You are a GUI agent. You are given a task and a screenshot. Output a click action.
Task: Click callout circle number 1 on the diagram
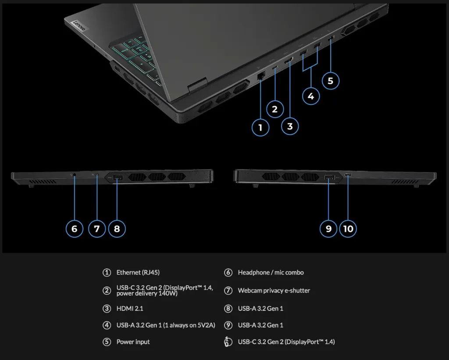(x=260, y=128)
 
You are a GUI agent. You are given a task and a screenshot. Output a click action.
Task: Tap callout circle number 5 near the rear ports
(x=330, y=81)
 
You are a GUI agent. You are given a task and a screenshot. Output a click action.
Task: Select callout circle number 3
(x=290, y=126)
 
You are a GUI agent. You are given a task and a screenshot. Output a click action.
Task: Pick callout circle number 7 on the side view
(x=97, y=228)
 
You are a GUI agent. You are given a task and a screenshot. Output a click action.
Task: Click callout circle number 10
(x=348, y=228)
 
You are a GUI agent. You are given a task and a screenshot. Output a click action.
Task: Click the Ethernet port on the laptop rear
(x=260, y=75)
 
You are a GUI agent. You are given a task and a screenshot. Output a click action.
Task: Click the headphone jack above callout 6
(x=74, y=175)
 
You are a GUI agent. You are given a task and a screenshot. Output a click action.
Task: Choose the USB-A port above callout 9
(x=329, y=178)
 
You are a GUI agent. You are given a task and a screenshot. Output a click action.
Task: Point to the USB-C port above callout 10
(x=348, y=176)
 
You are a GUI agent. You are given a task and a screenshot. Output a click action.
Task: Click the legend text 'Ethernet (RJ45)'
(x=141, y=273)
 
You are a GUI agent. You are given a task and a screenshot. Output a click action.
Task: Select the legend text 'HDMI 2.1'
(x=130, y=309)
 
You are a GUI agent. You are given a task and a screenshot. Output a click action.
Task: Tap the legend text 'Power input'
(x=133, y=342)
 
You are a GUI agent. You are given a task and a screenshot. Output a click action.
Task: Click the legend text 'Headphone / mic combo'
(x=271, y=273)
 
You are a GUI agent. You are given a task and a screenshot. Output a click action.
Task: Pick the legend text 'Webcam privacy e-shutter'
(x=274, y=291)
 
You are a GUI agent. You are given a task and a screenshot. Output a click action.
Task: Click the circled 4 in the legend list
(x=107, y=325)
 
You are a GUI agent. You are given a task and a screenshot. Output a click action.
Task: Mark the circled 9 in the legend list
(x=228, y=325)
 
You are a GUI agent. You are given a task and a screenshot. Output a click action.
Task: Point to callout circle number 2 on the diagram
(x=275, y=109)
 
